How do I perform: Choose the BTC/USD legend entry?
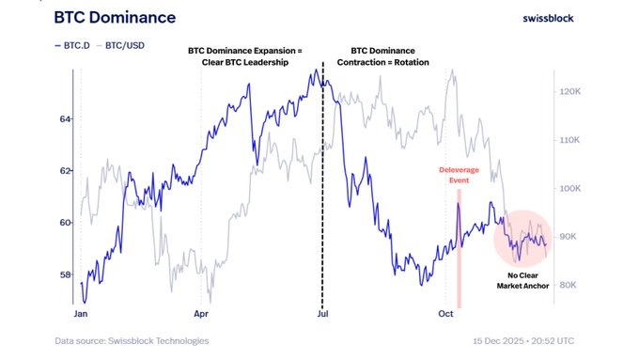click(128, 43)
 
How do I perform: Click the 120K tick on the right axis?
click(574, 92)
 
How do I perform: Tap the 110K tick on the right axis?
click(574, 140)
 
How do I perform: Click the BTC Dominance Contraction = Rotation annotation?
click(389, 57)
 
